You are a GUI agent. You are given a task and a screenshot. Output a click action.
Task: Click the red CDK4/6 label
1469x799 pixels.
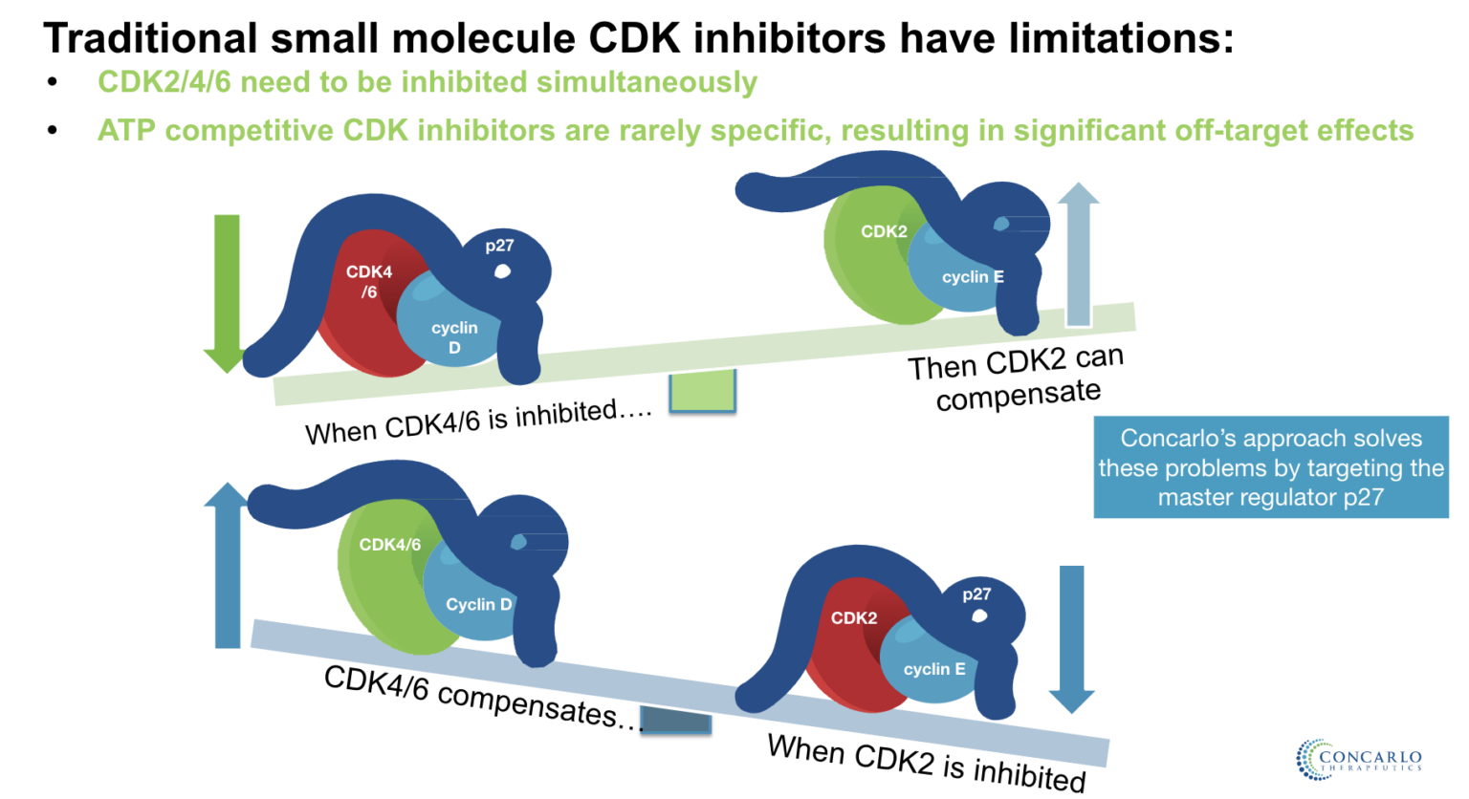tap(369, 282)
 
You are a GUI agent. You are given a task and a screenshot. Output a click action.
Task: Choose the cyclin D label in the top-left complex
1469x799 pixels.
tap(454, 337)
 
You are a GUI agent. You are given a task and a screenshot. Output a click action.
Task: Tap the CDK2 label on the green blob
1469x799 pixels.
tap(884, 231)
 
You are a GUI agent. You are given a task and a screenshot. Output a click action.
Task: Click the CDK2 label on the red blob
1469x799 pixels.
tap(854, 618)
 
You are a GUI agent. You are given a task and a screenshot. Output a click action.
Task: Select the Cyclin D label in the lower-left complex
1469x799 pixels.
tap(478, 604)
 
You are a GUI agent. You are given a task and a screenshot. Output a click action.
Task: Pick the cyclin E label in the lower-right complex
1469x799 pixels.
tap(934, 669)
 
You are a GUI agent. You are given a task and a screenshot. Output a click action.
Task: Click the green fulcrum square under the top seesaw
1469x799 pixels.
tap(702, 391)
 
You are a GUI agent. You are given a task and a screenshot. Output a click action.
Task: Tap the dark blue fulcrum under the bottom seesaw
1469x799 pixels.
tap(675, 720)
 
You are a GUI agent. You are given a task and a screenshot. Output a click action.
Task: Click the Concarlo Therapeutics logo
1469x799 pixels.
tap(1358, 760)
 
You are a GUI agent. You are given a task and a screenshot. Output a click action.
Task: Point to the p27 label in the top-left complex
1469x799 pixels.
tap(499, 246)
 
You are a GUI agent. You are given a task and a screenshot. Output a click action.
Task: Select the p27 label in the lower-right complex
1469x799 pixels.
tap(976, 594)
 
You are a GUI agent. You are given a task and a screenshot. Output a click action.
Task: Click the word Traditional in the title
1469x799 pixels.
tap(150, 38)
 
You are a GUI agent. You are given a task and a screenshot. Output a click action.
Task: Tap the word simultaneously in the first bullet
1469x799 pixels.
tap(647, 82)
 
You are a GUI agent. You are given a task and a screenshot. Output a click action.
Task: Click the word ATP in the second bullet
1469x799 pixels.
tap(126, 130)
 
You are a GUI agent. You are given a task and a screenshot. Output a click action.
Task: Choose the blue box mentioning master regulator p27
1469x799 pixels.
tap(1270, 467)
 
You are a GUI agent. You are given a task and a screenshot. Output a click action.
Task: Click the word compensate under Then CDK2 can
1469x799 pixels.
tap(1018, 395)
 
